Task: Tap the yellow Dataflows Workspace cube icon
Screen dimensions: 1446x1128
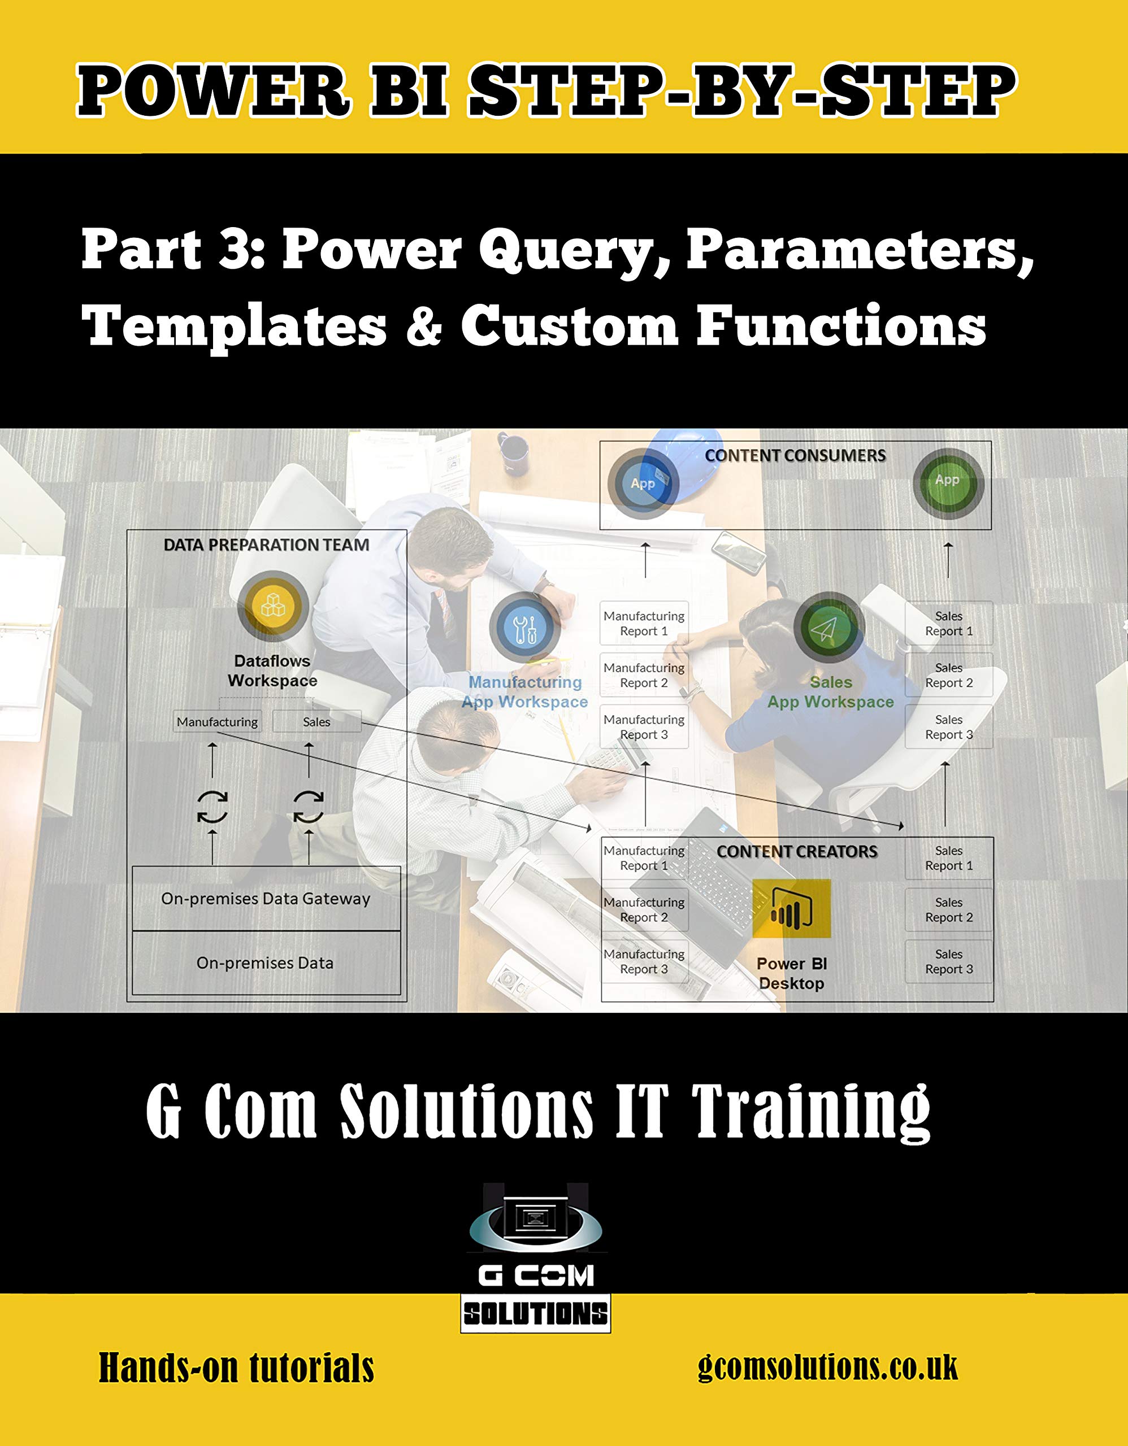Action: [x=273, y=606]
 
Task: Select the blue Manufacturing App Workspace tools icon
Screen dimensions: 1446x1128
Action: [x=525, y=628]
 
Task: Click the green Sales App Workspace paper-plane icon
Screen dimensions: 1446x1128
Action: [x=829, y=628]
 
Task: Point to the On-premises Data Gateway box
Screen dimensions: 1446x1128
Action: [x=266, y=899]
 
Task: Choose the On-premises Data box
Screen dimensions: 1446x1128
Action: [x=266, y=962]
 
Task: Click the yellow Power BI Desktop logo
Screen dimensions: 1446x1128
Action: [x=792, y=908]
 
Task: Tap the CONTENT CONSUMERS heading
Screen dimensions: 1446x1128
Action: [x=795, y=455]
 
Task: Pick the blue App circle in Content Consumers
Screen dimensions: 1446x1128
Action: [x=643, y=484]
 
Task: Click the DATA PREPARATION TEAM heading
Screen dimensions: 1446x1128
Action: [x=266, y=545]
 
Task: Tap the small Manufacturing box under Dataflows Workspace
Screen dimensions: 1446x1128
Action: [x=217, y=722]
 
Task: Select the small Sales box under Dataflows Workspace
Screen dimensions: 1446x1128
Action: [x=316, y=722]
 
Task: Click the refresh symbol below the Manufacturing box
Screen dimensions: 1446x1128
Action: [x=212, y=807]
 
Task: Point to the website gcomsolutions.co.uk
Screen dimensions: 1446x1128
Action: [x=828, y=1368]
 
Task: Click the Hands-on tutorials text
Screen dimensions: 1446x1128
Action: [x=236, y=1369]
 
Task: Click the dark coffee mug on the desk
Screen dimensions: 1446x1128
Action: [x=513, y=451]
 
